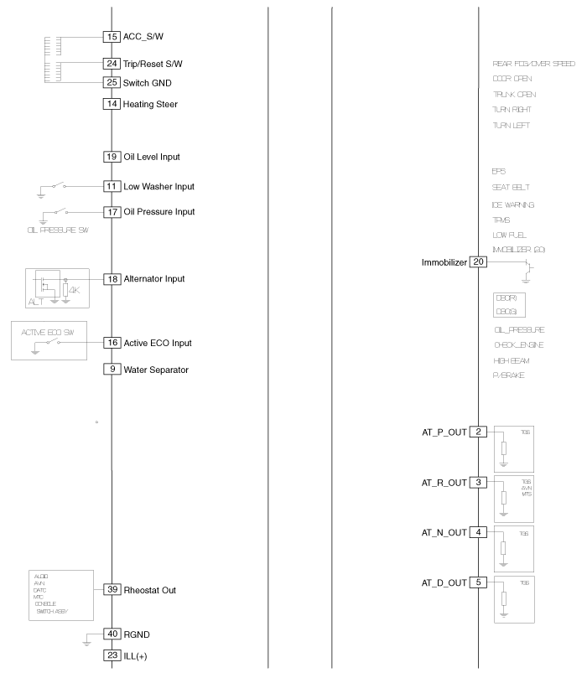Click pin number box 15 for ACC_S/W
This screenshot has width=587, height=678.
[112, 37]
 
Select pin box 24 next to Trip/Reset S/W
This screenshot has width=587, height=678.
[112, 64]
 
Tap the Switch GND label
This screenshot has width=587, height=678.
[150, 82]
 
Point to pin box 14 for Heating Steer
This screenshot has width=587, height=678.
[112, 104]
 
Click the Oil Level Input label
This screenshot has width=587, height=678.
[152, 157]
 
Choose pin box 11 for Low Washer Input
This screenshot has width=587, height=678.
[112, 186]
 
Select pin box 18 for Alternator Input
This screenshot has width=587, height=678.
[112, 278]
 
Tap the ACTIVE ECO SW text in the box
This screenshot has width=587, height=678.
[47, 331]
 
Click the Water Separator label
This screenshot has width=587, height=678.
[156, 369]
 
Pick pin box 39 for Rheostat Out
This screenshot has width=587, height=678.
[112, 590]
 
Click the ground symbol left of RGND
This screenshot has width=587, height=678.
[87, 641]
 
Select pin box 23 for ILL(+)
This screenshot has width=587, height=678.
[112, 655]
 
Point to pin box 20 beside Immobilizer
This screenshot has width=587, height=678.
[478, 261]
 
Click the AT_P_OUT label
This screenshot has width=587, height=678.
[444, 432]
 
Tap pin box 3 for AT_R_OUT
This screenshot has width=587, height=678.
[478, 482]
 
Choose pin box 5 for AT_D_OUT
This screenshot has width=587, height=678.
[478, 582]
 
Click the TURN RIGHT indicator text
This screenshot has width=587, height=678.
[512, 110]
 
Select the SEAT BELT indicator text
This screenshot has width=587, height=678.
[511, 188]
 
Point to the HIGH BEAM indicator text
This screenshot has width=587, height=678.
[512, 360]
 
